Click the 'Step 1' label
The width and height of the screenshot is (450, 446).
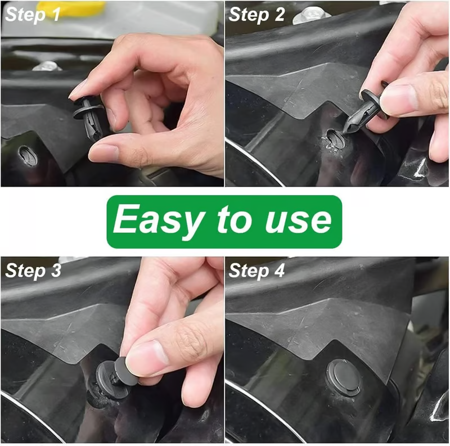(33, 15)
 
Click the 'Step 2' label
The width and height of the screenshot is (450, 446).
(257, 15)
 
